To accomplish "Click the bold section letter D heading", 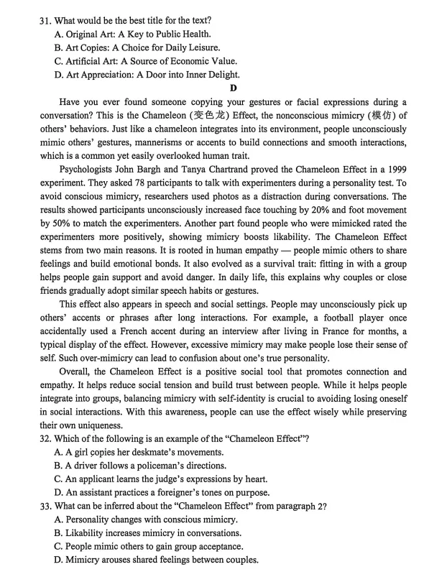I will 232,88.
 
